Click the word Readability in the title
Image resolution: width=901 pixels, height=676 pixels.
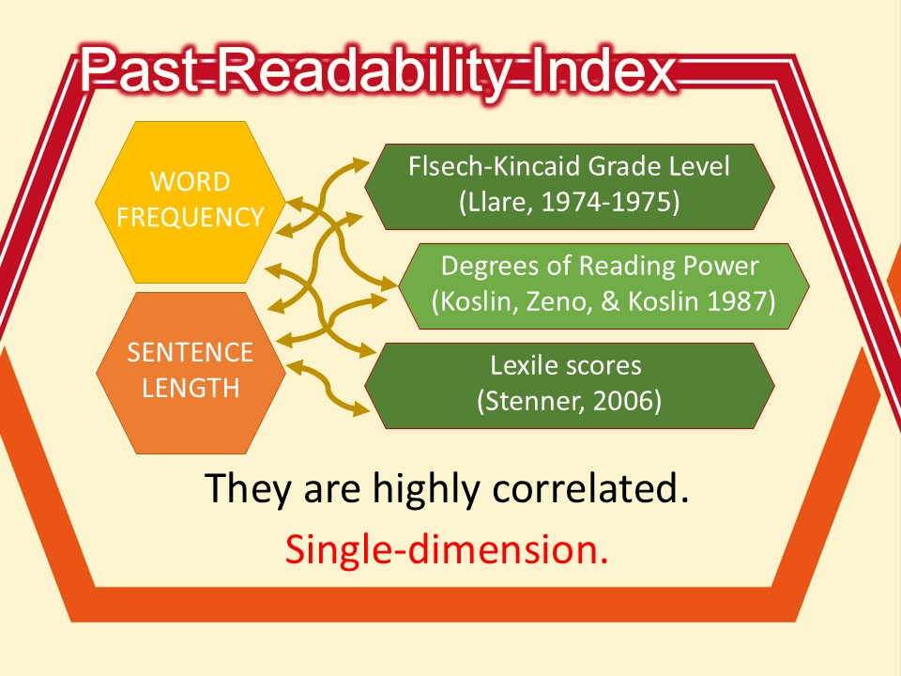coord(364,70)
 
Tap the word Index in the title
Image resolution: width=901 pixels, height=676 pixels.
coord(603,70)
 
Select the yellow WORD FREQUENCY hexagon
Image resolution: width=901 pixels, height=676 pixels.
coord(191,202)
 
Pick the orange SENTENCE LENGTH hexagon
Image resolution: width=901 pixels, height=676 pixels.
coord(191,373)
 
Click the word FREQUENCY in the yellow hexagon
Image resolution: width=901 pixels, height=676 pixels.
coord(191,217)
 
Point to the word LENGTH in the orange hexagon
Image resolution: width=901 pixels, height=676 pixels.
coord(191,388)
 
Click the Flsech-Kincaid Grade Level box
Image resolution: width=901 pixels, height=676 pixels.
coord(570,187)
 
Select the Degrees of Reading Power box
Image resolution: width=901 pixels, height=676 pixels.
coord(603,286)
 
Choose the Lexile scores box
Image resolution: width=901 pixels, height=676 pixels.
coord(570,386)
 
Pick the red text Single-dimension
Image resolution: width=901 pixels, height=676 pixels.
coord(447,549)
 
